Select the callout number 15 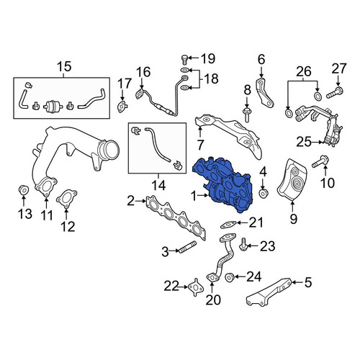coord(64,66)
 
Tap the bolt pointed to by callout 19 coord(184,60)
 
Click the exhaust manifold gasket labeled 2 coord(176,217)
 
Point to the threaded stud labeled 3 coord(187,247)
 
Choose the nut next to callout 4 coord(264,193)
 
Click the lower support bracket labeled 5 coord(269,292)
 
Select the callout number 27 coord(339,68)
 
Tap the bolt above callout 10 coord(320,161)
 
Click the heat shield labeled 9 coord(292,179)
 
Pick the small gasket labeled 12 coord(66,199)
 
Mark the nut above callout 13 coord(24,190)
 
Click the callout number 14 coord(158,185)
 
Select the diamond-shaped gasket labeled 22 coord(196,287)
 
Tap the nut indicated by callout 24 coord(230,277)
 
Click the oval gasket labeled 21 coord(228,225)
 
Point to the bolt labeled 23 coord(243,245)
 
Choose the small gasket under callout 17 coord(122,107)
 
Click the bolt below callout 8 coord(247,115)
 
